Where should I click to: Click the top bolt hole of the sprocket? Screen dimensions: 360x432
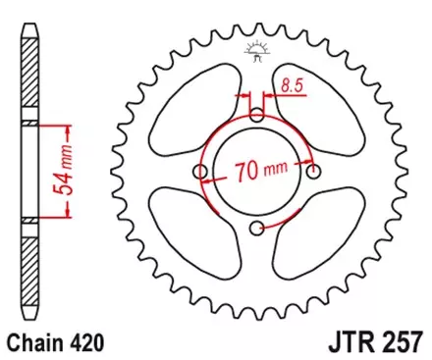(x=257, y=115)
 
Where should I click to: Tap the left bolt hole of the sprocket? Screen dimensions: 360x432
(x=203, y=174)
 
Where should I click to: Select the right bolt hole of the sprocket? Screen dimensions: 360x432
(x=313, y=174)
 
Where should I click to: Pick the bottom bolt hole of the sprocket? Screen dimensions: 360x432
(x=257, y=229)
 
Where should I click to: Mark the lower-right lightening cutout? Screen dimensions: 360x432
(x=316, y=233)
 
